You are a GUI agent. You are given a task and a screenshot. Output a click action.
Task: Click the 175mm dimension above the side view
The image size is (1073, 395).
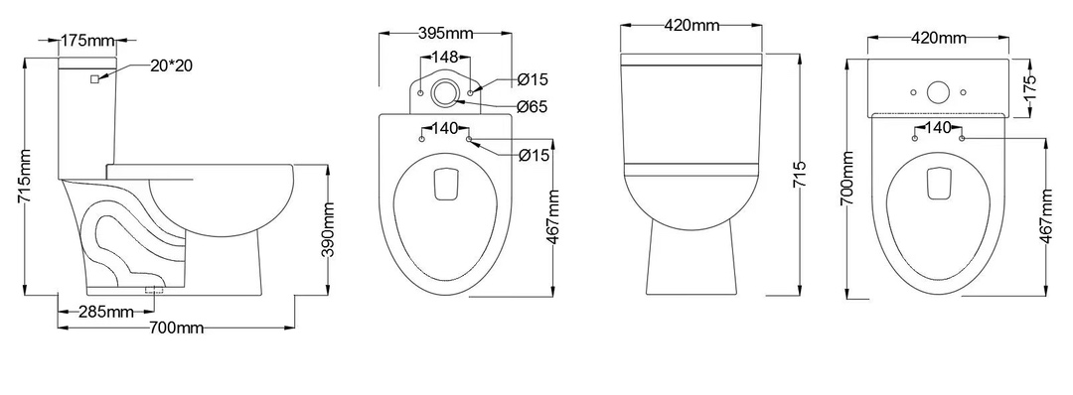pyautogui.click(x=86, y=41)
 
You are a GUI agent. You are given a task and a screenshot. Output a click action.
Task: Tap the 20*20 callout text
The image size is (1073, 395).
pyautogui.click(x=171, y=66)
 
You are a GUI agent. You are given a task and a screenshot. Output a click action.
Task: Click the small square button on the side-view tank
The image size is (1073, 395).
pyautogui.click(x=94, y=78)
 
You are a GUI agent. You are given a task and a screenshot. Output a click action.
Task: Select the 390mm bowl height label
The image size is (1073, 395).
pyautogui.click(x=329, y=229)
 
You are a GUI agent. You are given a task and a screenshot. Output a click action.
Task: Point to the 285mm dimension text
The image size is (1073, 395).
pyautogui.click(x=106, y=313)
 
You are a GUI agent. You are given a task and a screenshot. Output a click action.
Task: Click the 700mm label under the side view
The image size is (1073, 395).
pyautogui.click(x=177, y=329)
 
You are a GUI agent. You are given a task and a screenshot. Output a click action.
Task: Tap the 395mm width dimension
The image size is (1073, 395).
pyautogui.click(x=446, y=33)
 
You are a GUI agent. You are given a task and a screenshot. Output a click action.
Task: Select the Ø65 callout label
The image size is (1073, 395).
pyautogui.click(x=534, y=106)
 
